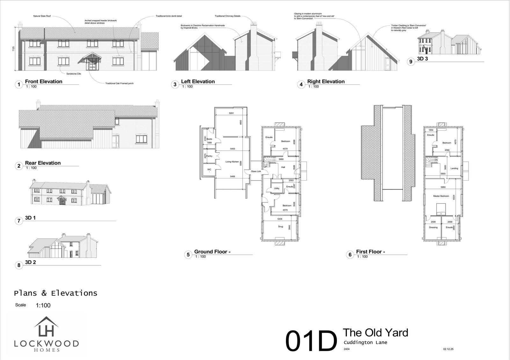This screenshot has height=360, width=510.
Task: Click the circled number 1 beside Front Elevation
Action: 19,84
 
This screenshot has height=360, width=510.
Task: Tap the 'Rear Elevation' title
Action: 43,163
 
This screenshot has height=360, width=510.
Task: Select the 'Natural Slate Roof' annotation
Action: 42,16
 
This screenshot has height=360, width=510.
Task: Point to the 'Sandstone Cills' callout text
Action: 74,74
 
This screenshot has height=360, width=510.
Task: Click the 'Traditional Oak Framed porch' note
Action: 119,83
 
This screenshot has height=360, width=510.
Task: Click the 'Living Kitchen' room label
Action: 232,162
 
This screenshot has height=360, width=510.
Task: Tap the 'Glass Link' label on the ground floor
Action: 256,171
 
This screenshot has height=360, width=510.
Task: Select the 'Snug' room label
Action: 280,227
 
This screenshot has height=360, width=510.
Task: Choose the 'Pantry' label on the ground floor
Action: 209,156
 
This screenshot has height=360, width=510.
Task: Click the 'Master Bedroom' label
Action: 441,196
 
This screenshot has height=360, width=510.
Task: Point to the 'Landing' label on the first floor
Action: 454,168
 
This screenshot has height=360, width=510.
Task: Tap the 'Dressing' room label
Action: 433,227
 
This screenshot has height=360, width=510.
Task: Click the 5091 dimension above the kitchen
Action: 231,113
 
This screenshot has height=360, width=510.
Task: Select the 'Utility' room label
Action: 277,188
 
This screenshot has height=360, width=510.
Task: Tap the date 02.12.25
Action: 448,349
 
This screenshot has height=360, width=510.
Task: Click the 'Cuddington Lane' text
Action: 365,342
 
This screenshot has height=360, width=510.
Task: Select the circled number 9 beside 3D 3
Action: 411,61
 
